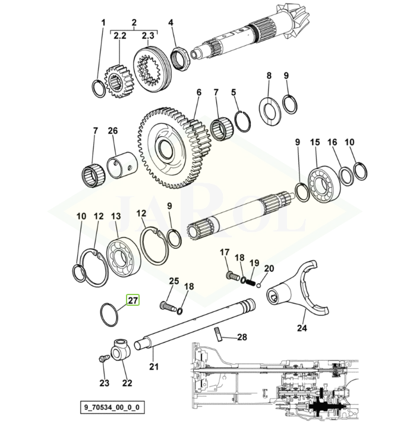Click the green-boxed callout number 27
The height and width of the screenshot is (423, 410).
(132, 300)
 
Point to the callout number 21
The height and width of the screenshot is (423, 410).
(154, 366)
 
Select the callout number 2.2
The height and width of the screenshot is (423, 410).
(120, 36)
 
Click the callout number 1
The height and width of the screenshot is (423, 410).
(103, 23)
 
